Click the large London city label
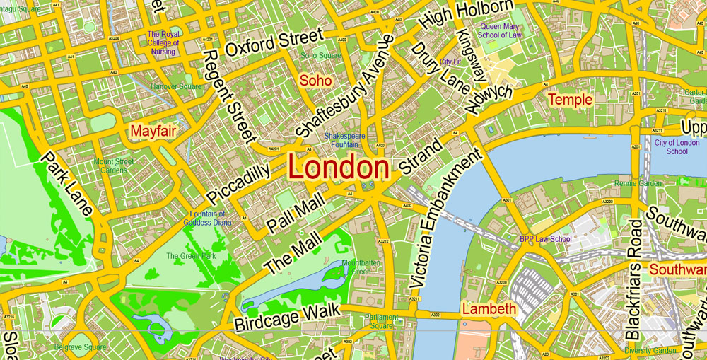click(339, 169)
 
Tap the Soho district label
click(315, 81)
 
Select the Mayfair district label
click(153, 131)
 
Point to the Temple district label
click(571, 100)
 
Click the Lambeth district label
click(489, 309)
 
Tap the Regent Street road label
click(228, 93)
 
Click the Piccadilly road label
click(238, 185)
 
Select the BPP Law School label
click(546, 239)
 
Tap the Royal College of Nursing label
click(163, 42)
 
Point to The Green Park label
click(191, 256)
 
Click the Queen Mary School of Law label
click(500, 30)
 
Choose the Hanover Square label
click(176, 87)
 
